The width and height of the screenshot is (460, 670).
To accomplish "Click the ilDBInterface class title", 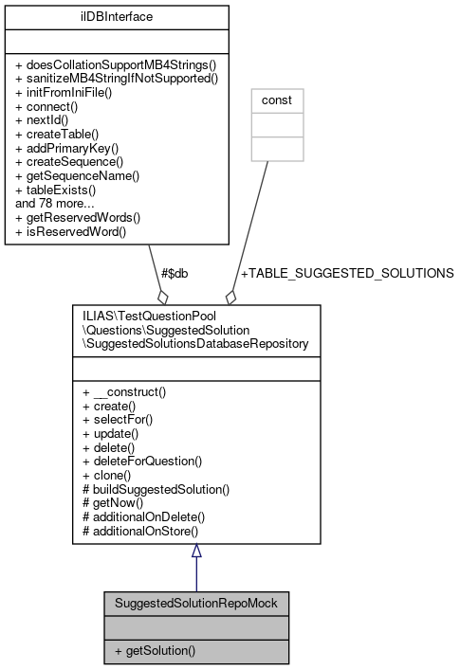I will click(x=117, y=16).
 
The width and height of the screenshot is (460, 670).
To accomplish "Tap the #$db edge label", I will click(x=174, y=273).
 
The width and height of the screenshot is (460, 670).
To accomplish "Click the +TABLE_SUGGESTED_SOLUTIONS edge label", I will click(x=347, y=273).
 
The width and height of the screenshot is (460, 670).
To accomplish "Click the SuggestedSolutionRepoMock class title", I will click(x=195, y=603).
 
